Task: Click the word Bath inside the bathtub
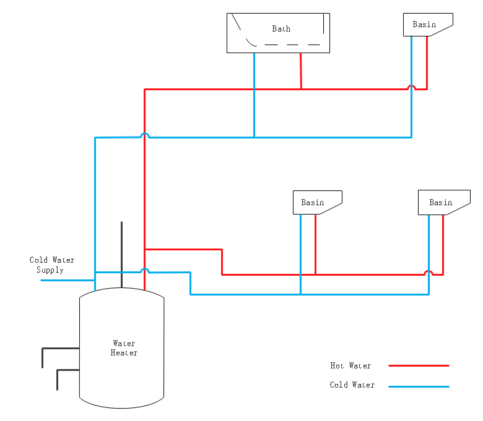click(x=281, y=28)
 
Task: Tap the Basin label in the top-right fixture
click(x=424, y=24)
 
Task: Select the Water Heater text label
click(x=124, y=348)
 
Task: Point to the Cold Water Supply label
click(x=52, y=265)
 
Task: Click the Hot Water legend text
click(x=350, y=365)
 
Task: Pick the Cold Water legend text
click(x=352, y=385)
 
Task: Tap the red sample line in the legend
click(x=419, y=365)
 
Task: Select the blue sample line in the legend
click(x=419, y=386)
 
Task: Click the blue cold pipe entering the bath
click(x=254, y=95)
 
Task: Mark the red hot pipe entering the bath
click(x=301, y=71)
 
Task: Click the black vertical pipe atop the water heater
click(x=121, y=255)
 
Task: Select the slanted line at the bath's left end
click(x=237, y=22)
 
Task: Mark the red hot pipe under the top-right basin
click(x=427, y=62)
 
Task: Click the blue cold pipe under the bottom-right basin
click(x=429, y=255)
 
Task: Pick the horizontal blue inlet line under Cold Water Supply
click(x=67, y=280)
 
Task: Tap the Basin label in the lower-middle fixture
click(x=313, y=202)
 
